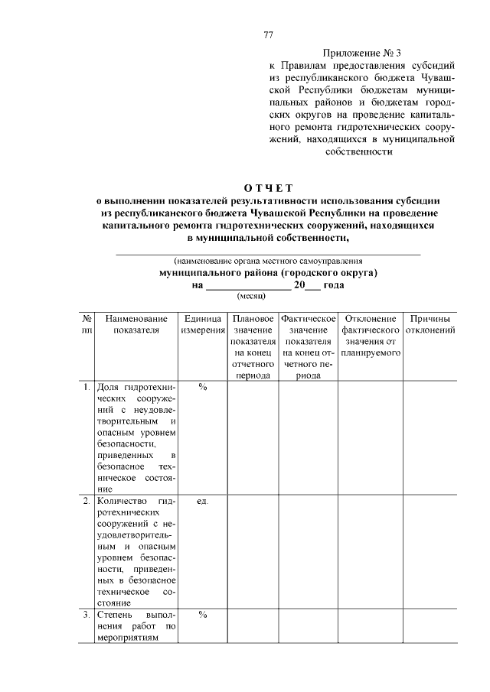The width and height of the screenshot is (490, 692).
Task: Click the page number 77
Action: click(268, 35)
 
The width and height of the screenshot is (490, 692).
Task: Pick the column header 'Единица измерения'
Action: click(203, 324)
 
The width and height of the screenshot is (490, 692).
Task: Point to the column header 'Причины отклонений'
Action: click(430, 324)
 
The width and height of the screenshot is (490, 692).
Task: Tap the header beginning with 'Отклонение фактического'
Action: click(371, 336)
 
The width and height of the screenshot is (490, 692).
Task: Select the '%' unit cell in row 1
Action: click(203, 387)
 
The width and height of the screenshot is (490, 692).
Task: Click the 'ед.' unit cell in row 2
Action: click(203, 502)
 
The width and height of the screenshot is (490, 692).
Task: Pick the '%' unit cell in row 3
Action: click(203, 614)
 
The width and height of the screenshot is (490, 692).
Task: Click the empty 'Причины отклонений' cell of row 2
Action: click(430, 551)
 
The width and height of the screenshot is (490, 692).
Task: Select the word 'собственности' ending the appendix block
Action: click(359, 151)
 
